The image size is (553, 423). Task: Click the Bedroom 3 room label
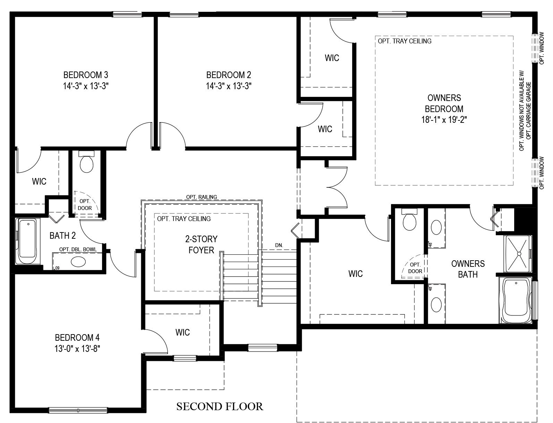[86, 75]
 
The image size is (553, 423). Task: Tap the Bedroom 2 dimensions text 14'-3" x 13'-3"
[229, 86]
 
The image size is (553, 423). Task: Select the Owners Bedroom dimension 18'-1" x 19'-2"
[444, 119]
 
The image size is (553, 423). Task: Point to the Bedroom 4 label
[77, 337]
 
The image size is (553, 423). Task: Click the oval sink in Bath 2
[78, 262]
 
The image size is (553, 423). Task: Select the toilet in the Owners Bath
[409, 219]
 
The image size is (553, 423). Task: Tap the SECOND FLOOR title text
[220, 406]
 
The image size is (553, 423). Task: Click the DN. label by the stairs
[279, 245]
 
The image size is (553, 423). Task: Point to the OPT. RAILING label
[202, 197]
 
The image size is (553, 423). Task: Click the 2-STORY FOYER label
[201, 244]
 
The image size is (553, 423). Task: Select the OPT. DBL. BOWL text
[78, 249]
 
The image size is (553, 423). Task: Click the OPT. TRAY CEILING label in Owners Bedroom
[405, 41]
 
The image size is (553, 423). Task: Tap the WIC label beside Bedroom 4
[182, 332]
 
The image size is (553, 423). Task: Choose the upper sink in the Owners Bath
[436, 227]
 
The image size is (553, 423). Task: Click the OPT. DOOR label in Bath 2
[85, 205]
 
